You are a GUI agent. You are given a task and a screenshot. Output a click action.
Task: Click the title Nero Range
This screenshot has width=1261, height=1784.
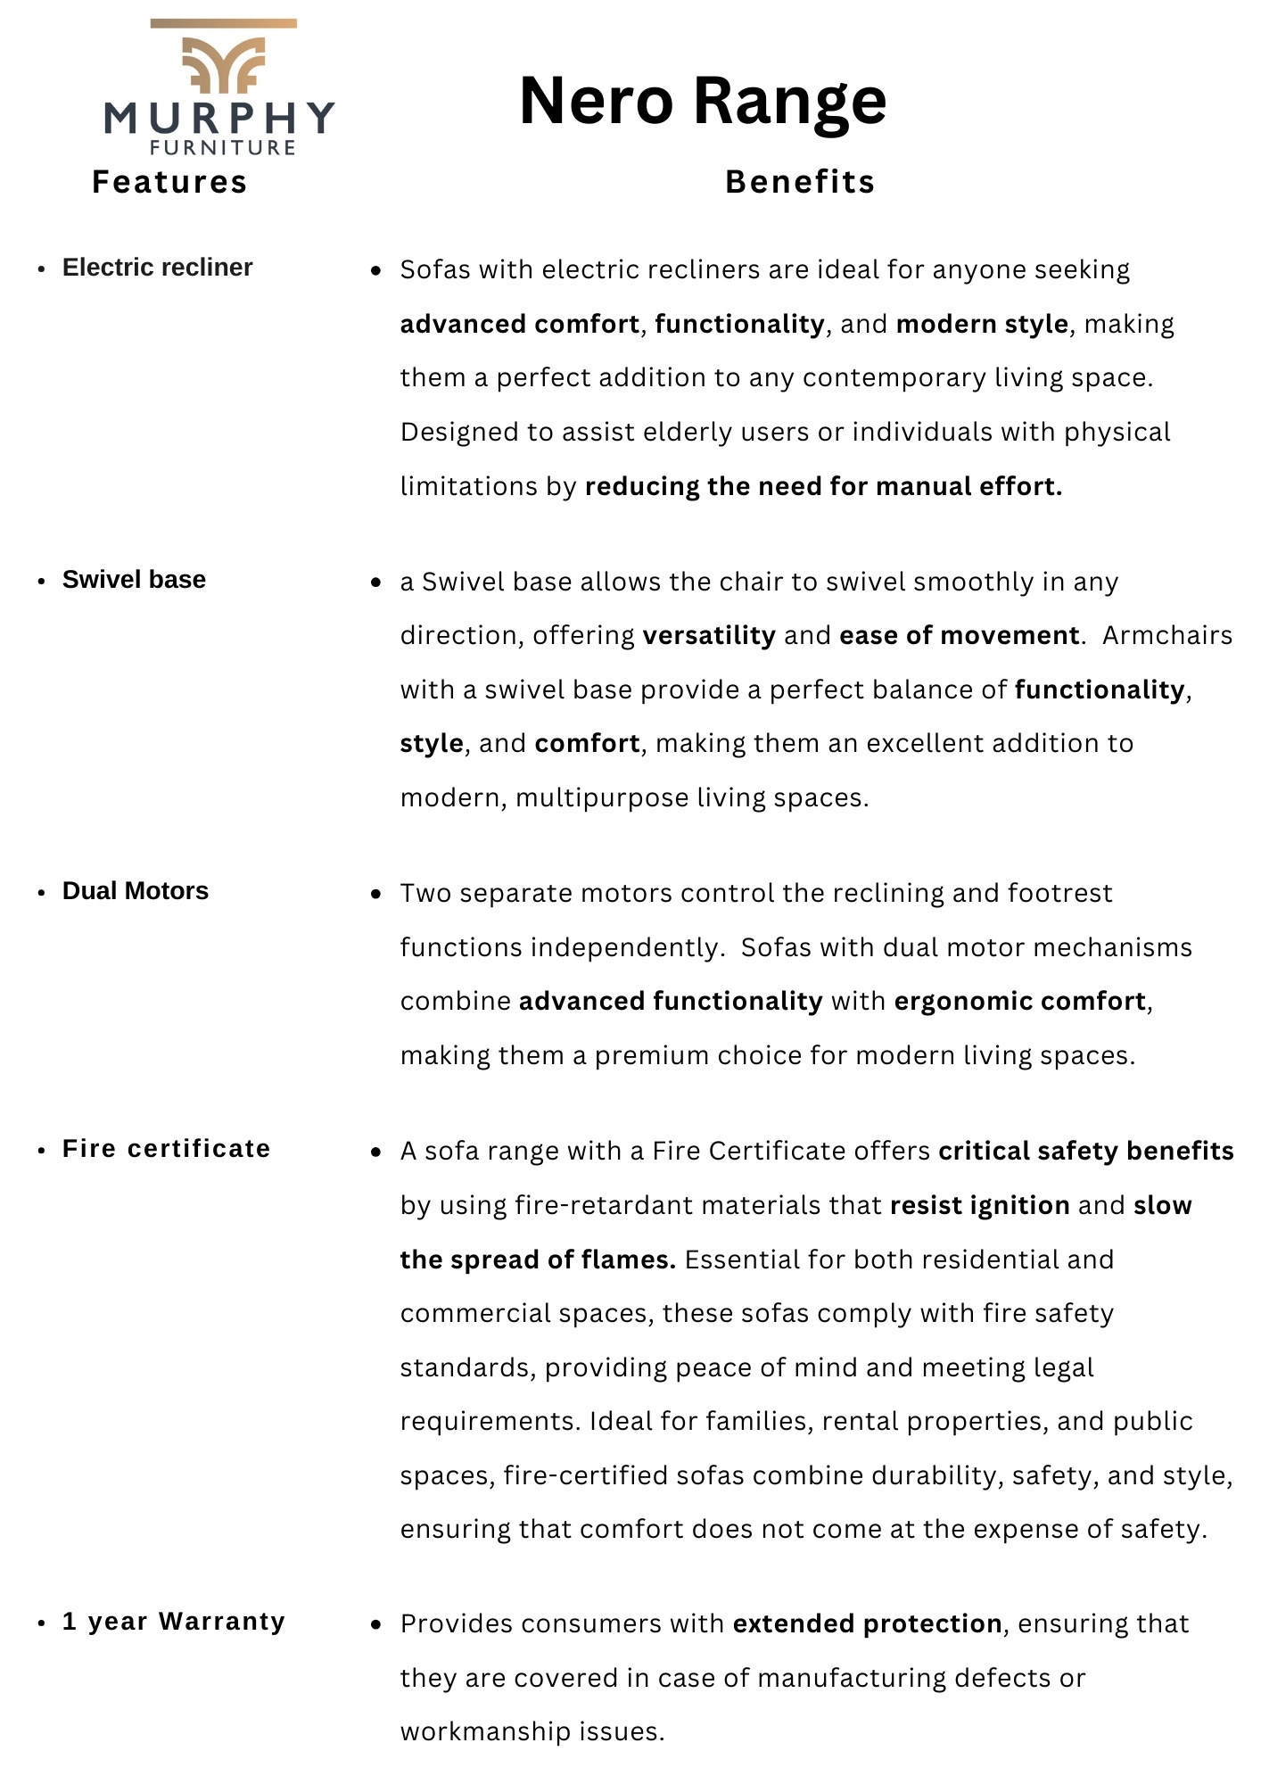point(703,100)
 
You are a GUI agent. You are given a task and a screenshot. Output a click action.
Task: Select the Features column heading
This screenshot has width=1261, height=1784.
point(169,182)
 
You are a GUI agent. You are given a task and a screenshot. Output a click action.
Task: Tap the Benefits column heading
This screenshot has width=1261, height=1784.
point(800,182)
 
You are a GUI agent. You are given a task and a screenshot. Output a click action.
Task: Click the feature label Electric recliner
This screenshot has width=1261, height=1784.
point(157,268)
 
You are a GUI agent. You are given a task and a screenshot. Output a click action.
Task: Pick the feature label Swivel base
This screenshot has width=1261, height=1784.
point(134,580)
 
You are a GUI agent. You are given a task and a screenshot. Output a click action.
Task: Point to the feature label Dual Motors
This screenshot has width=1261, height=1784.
point(136,891)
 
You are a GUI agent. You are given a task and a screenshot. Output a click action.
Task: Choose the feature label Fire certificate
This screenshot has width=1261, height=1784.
point(166,1149)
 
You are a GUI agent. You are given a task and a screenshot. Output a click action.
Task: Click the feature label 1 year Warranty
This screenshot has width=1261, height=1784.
point(174,1622)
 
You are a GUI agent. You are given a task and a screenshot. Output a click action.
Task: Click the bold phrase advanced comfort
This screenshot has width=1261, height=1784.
point(520,324)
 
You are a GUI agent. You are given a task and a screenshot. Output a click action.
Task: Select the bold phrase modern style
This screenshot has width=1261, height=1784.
point(982,324)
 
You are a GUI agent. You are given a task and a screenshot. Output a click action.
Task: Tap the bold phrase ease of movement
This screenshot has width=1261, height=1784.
point(959,635)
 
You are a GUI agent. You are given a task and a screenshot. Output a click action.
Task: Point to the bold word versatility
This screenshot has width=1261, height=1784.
point(709,635)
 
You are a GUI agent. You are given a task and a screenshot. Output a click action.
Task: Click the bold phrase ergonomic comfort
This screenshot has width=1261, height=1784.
point(1019,1001)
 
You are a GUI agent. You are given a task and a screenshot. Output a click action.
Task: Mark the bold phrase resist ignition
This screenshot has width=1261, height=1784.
point(979,1205)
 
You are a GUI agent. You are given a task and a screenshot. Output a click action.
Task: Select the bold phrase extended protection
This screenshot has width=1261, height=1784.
point(867,1623)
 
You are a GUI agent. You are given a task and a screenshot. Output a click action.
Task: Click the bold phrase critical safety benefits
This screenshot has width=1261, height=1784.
point(1085,1152)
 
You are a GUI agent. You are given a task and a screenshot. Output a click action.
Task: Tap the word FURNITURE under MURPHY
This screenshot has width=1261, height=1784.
point(223,148)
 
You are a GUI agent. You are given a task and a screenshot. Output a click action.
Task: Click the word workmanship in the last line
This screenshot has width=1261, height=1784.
point(486,1731)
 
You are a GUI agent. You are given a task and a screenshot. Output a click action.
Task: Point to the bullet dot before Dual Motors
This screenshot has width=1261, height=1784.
point(41,893)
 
